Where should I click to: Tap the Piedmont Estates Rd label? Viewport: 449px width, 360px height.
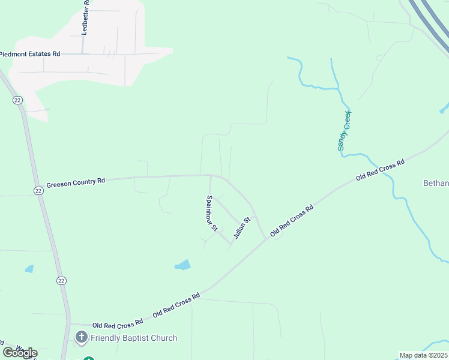[x=30, y=54]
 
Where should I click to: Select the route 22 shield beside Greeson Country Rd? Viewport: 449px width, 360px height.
[x=38, y=191]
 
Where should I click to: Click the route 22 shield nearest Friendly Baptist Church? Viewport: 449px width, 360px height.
[x=61, y=280]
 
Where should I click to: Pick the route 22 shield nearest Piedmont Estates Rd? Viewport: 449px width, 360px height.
[x=17, y=100]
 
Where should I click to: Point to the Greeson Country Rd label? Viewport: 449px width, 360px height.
[x=76, y=181]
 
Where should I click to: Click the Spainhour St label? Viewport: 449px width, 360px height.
[x=211, y=214]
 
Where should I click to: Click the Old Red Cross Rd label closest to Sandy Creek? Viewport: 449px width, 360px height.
[x=380, y=170]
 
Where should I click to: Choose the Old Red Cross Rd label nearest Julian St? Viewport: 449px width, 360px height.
[x=292, y=221]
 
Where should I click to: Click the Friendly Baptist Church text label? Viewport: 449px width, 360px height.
[x=134, y=338]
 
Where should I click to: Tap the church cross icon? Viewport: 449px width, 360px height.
[x=82, y=338]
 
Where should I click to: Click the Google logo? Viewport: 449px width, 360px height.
[x=20, y=352]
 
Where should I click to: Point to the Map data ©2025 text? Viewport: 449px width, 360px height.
[x=423, y=355]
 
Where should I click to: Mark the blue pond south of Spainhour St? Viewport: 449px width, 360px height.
[x=183, y=265]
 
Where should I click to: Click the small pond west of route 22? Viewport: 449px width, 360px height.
[x=29, y=269]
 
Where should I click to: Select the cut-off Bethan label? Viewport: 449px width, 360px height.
[x=436, y=183]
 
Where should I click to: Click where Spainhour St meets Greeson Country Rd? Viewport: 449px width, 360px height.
[x=209, y=175]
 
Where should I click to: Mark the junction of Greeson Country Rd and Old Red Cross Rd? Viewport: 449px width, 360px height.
[x=267, y=239]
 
